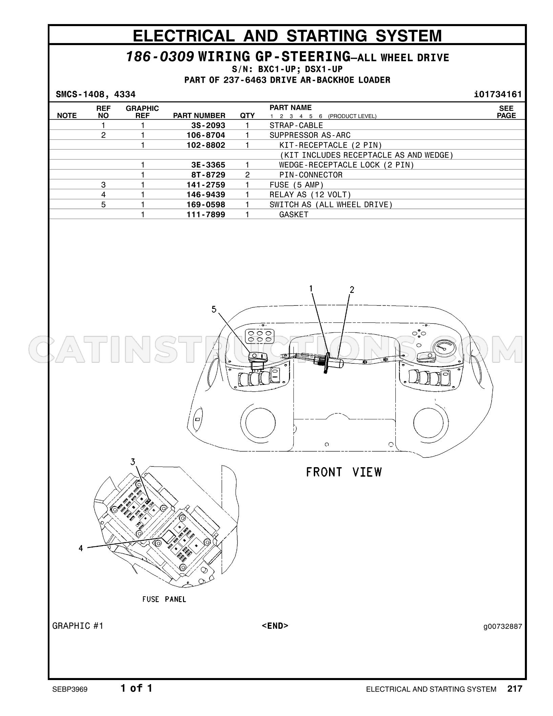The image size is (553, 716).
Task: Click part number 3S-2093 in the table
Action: [x=208, y=125]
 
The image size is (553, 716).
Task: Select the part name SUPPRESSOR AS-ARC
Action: [x=310, y=135]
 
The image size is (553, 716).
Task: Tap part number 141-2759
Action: [x=206, y=185]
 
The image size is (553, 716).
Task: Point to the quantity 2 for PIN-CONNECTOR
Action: [x=247, y=175]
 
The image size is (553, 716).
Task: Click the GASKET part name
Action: [x=294, y=215]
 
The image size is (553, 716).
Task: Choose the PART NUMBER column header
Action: [x=199, y=116]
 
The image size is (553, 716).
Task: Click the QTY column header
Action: [x=247, y=116]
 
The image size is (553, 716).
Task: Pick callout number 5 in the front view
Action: [x=214, y=309]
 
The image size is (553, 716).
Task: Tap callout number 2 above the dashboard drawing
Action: [x=352, y=290]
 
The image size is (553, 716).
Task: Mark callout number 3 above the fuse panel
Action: [x=133, y=462]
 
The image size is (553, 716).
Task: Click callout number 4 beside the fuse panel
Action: [x=81, y=548]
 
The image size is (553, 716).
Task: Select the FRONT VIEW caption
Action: [x=344, y=472]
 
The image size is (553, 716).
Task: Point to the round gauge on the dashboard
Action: [x=444, y=349]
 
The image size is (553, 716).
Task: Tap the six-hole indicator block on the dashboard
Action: [x=260, y=336]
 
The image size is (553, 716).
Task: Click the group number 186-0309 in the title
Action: [x=160, y=57]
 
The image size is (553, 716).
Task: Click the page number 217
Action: [x=515, y=689]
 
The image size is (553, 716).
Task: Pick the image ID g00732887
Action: [x=503, y=627]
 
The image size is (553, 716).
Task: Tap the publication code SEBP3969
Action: [x=70, y=690]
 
